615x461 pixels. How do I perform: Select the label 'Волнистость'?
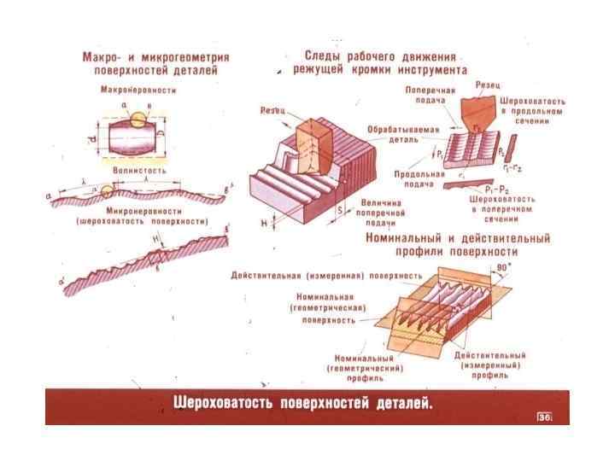point(138,171)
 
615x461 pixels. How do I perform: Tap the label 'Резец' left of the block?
point(271,111)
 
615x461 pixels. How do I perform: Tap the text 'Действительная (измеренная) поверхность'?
point(327,276)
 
